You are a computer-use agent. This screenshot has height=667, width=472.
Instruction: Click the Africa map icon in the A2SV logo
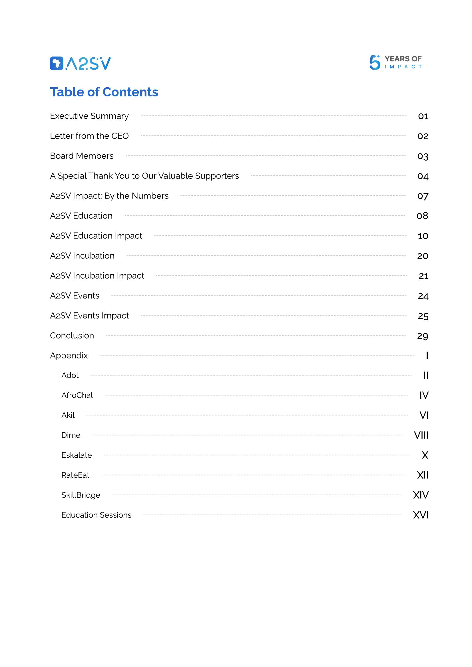(57, 63)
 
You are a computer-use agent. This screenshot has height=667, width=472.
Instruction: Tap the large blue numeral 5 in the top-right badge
(375, 63)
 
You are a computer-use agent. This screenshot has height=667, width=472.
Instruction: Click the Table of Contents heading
(104, 92)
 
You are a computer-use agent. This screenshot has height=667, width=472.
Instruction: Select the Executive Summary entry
(89, 116)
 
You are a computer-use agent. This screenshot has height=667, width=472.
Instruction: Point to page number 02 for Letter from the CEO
(423, 136)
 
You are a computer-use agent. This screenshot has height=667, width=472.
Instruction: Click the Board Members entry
(82, 156)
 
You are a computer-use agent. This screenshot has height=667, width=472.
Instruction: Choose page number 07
(423, 196)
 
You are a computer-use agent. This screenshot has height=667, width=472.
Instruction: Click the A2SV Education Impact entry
(96, 236)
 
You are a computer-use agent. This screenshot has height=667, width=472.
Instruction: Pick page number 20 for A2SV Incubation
(423, 256)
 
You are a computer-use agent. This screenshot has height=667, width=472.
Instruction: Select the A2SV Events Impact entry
(89, 315)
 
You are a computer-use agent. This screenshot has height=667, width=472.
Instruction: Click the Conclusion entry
(72, 336)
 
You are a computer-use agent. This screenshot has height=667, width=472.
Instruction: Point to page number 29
(423, 336)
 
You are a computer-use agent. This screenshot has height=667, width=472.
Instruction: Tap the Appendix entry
(69, 356)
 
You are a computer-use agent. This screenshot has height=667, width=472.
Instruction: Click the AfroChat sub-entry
(77, 395)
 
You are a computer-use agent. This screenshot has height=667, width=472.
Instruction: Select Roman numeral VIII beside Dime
(421, 435)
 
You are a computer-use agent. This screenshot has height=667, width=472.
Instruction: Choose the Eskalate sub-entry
(77, 455)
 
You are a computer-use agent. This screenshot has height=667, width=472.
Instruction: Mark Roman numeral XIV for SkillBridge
(421, 495)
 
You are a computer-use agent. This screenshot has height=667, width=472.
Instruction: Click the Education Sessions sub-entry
(96, 515)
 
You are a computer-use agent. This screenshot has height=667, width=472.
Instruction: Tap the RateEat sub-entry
(75, 475)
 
